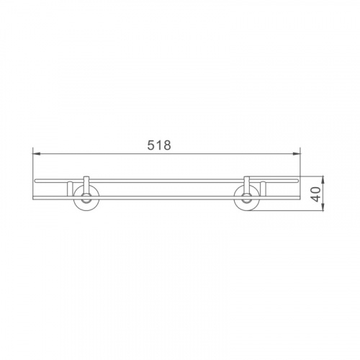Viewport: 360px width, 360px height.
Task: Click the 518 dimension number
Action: click(159, 145)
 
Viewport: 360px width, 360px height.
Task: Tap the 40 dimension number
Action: click(317, 194)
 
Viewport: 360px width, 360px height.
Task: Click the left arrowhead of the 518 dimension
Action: click(37, 154)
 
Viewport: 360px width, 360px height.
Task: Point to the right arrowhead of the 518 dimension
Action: click(296, 154)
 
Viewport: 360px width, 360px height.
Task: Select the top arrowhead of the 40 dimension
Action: click(323, 180)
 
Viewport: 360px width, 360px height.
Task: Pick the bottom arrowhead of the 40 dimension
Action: click(323, 207)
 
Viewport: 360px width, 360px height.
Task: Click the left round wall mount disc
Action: click(86, 198)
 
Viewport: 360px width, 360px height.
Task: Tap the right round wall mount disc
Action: click(247, 198)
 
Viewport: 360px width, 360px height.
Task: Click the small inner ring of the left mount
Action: click(86, 198)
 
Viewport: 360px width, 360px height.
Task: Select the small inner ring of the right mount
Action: click(247, 198)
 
